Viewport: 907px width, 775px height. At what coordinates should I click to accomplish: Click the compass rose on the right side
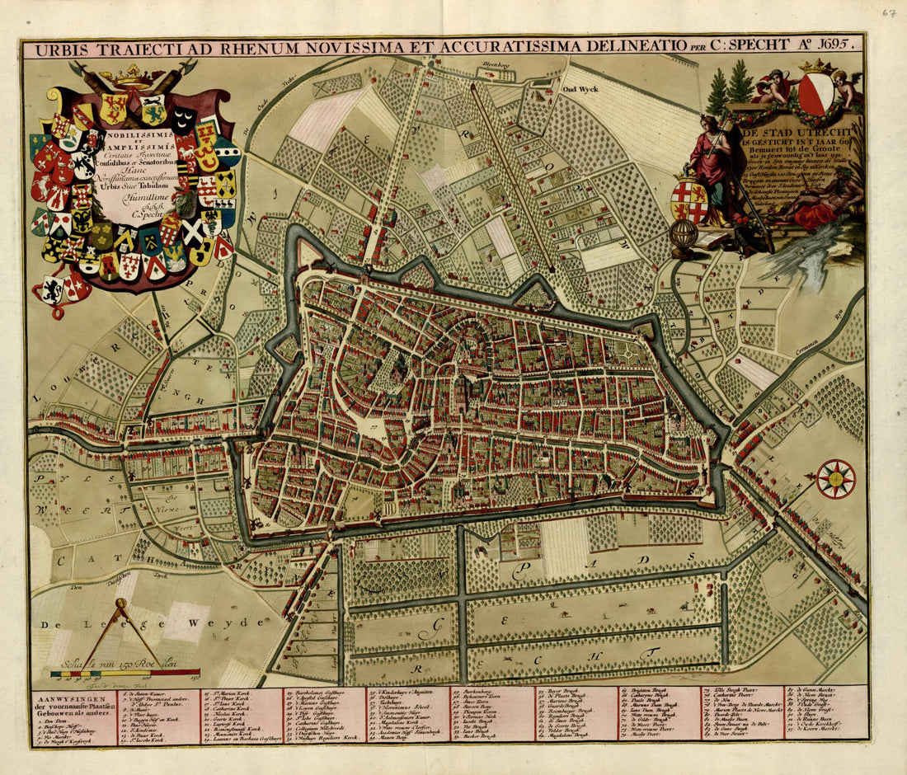836,479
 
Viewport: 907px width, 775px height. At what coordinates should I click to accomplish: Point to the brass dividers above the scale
119,631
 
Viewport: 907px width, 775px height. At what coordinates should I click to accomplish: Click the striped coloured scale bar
125,674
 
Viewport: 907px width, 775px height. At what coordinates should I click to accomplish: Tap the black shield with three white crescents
184,121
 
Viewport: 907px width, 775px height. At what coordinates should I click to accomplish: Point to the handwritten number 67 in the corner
889,13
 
